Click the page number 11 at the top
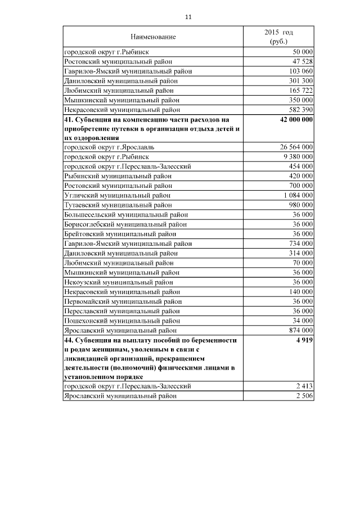188,17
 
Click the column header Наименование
153,37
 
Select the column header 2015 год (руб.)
278,37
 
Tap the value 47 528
302,61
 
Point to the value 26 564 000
296,147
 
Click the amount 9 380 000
298,157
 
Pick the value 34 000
302,321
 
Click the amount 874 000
300,330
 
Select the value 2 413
304,386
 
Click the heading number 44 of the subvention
69,341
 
